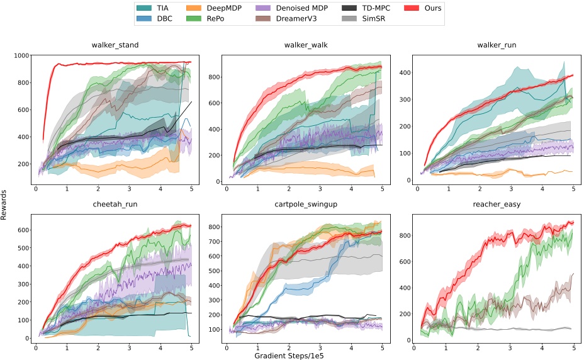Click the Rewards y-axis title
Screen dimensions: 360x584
[6, 201]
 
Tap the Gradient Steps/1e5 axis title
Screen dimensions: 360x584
[293, 355]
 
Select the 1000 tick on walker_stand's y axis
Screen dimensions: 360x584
[20, 55]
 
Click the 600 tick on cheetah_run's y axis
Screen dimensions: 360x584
[23, 230]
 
